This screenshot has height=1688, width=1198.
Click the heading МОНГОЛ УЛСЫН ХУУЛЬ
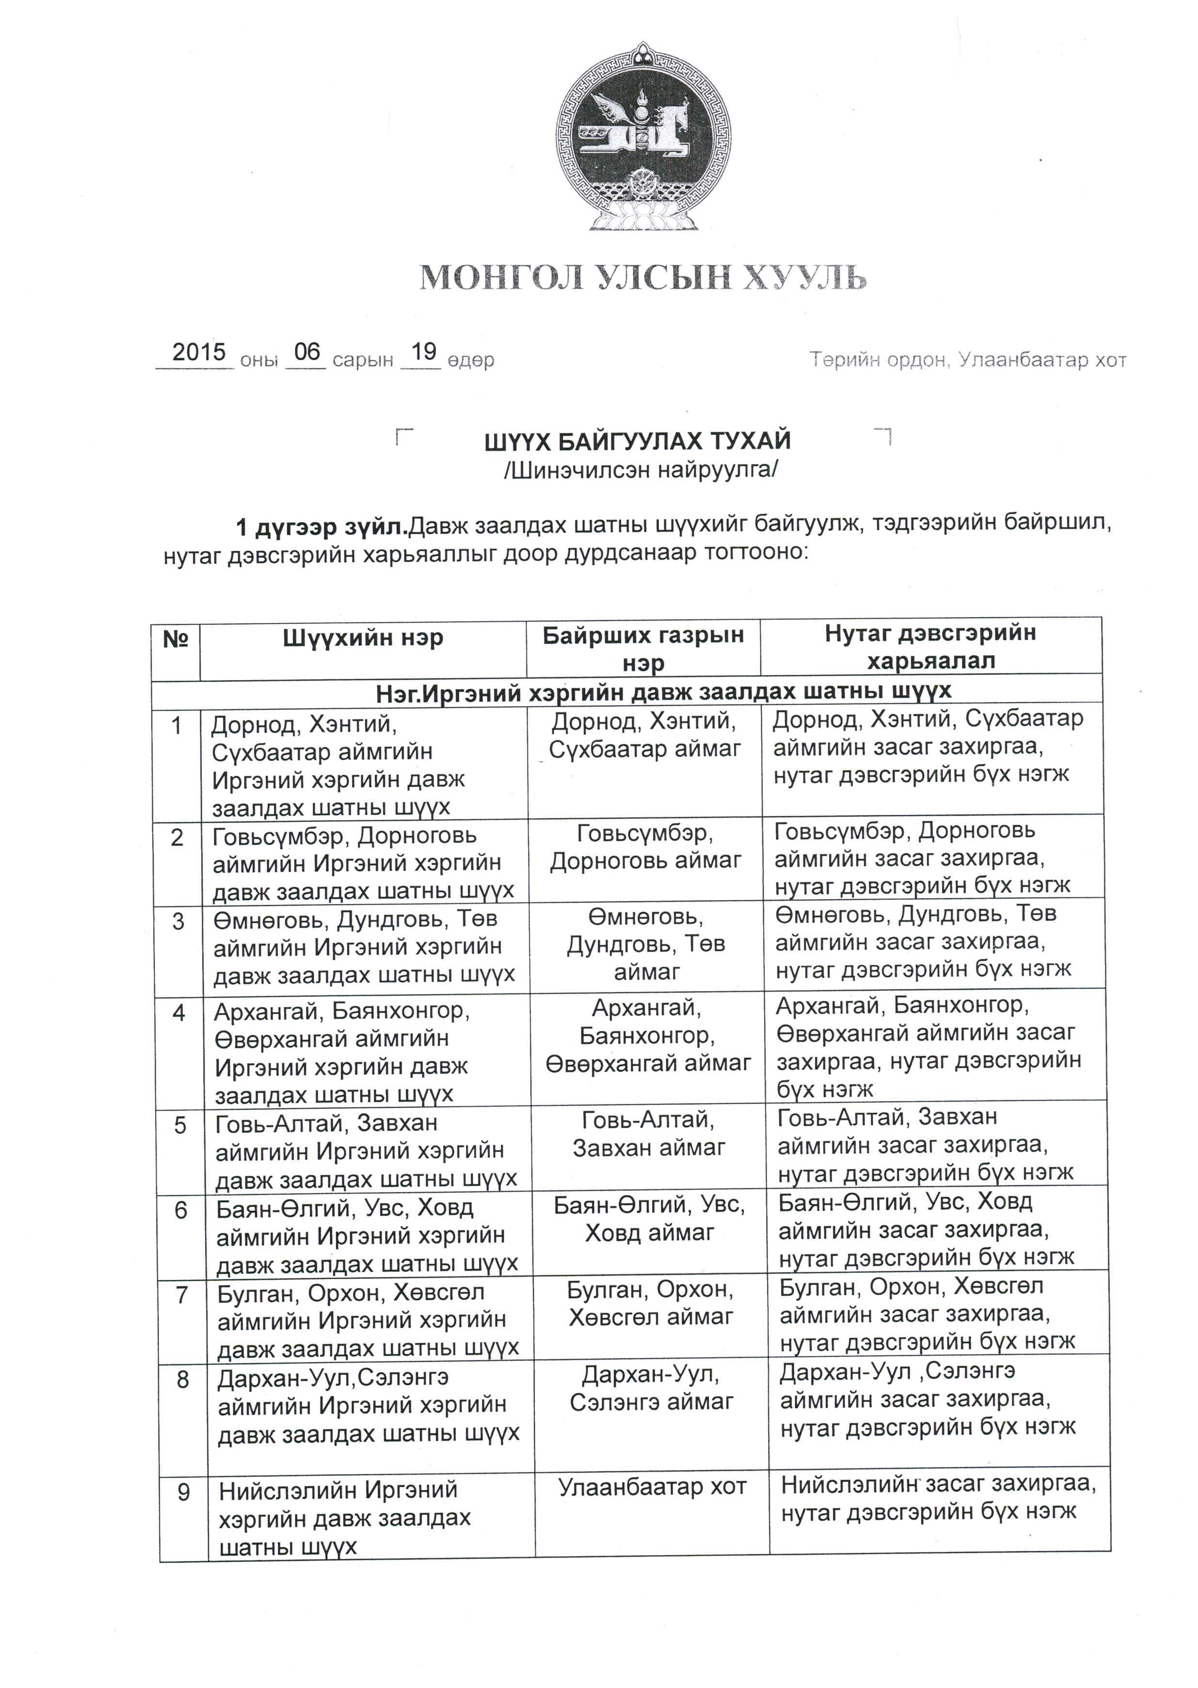(642, 278)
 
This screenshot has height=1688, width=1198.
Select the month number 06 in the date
(306, 352)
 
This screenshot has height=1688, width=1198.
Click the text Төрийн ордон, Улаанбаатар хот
(968, 360)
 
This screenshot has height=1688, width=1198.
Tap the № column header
(176, 639)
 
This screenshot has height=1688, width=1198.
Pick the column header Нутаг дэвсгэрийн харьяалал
(930, 647)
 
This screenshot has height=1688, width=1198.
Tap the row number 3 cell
(178, 921)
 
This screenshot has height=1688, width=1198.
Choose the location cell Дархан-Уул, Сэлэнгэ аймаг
(652, 1388)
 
